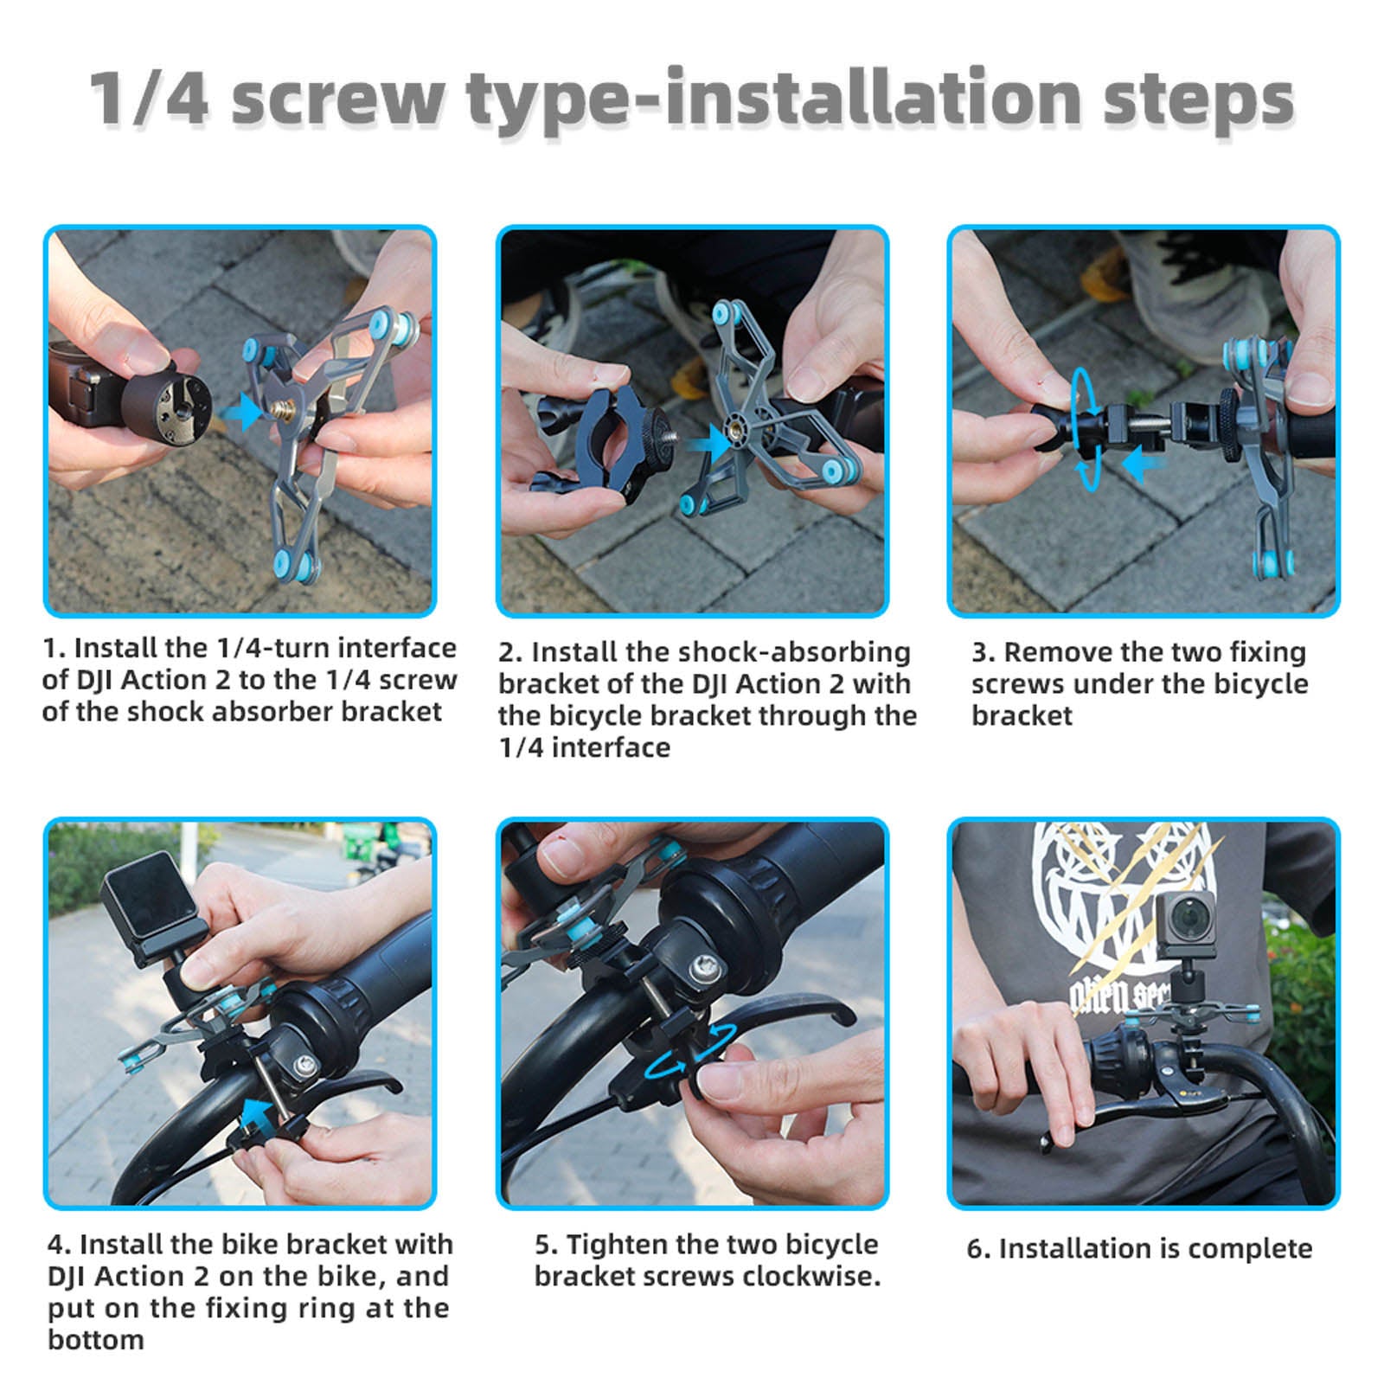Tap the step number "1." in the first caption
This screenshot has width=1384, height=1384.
54,648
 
